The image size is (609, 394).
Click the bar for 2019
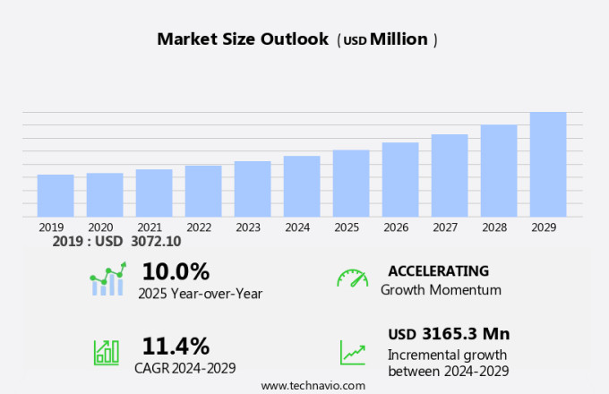click(56, 195)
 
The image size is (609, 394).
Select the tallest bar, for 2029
click(548, 164)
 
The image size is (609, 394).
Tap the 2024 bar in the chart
click(302, 186)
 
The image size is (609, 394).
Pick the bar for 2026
click(400, 179)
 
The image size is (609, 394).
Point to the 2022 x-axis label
click(199, 227)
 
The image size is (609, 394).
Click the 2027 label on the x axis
click(445, 227)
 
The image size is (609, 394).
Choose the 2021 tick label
click(150, 227)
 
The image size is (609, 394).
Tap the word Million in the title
click(399, 39)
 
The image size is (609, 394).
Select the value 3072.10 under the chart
click(156, 242)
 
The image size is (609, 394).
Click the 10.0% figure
click(176, 271)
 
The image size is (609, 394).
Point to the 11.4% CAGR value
click(176, 346)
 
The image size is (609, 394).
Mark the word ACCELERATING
click(439, 270)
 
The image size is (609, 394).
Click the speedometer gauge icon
click(352, 278)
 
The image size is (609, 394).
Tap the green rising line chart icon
click(352, 352)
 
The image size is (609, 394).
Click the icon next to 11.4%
click(107, 351)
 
